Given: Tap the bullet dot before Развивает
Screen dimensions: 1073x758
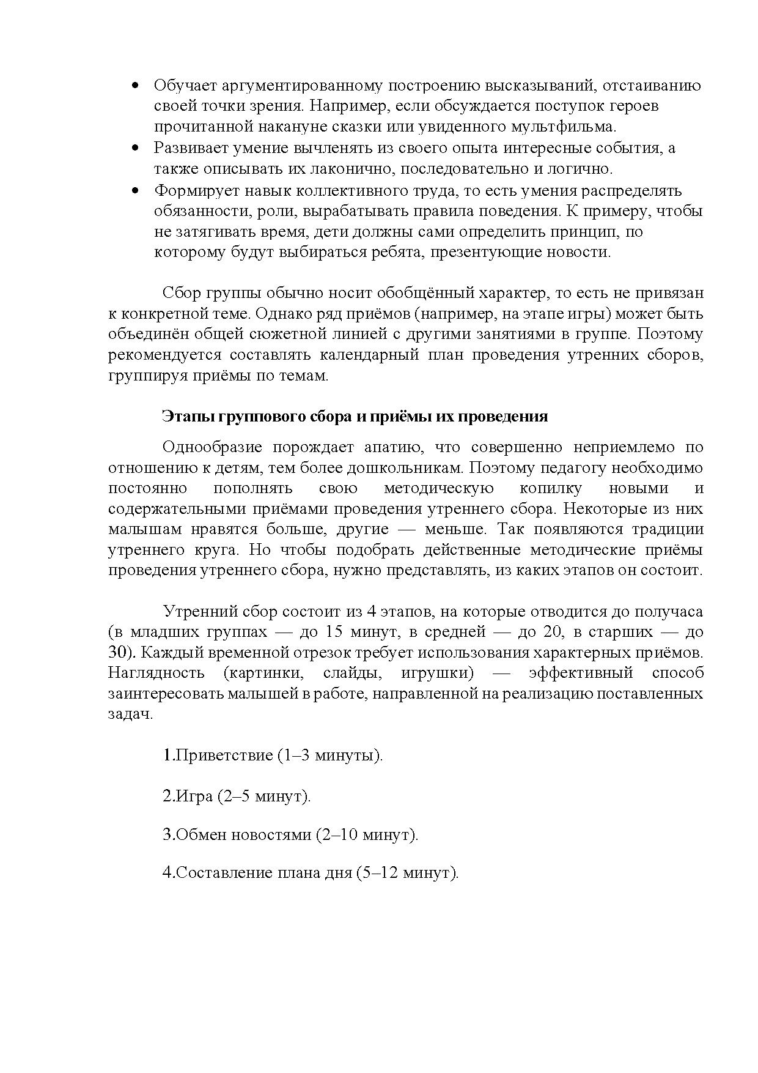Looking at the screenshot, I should coord(136,149).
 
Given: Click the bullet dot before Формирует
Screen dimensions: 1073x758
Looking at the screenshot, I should coord(136,191).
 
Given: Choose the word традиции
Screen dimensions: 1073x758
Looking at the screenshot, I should coord(668,529).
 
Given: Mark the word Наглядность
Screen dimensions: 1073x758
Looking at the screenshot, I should coord(156,674).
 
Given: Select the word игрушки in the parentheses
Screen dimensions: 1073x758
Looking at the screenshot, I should coord(436,674).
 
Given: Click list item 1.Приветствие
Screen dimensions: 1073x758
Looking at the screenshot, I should coord(217,756).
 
